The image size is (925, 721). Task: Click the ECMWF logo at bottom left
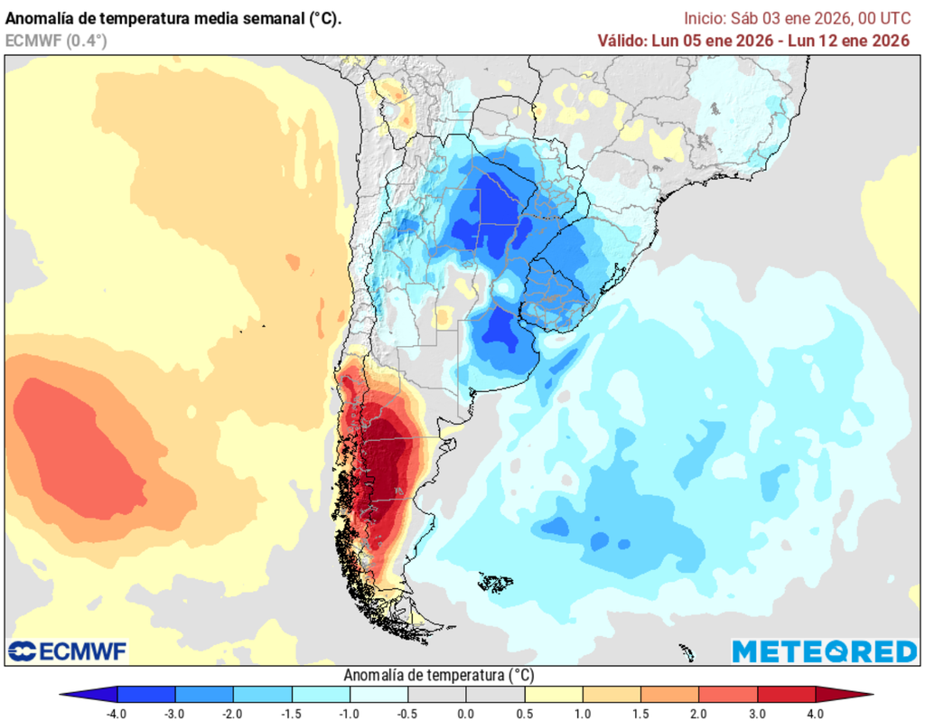pyautogui.click(x=68, y=651)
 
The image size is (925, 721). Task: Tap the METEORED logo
pyautogui.click(x=824, y=651)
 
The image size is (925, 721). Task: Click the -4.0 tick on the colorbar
pyautogui.click(x=117, y=713)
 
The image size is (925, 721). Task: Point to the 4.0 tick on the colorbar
pyautogui.click(x=816, y=713)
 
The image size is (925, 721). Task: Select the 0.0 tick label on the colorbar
pyautogui.click(x=466, y=713)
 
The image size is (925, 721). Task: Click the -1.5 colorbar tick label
pyautogui.click(x=291, y=713)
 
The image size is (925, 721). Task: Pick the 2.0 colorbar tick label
pyautogui.click(x=640, y=713)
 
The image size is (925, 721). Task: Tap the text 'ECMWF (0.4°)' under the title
pyautogui.click(x=57, y=40)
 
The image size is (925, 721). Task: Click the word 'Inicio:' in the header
pyautogui.click(x=704, y=18)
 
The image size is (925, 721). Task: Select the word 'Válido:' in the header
pyautogui.click(x=621, y=41)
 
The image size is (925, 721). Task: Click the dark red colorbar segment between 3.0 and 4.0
pyautogui.click(x=786, y=694)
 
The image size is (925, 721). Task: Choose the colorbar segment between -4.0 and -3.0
pyautogui.click(x=145, y=694)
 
